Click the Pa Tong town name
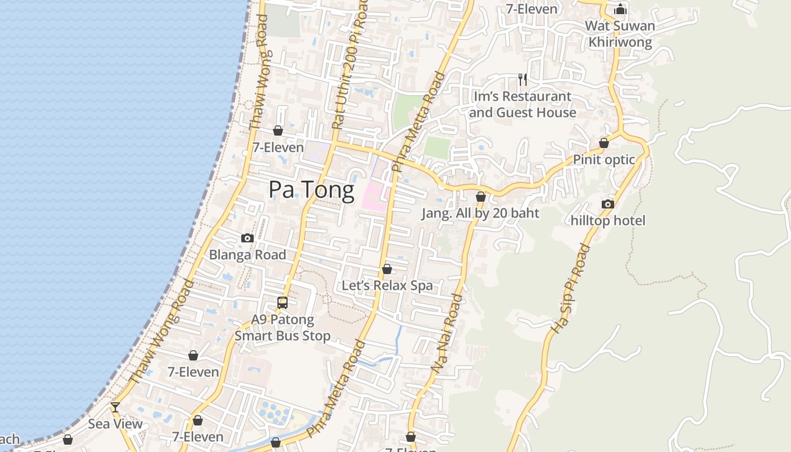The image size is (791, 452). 311,190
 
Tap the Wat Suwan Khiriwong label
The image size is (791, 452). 620,34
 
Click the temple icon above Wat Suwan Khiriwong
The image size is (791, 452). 620,9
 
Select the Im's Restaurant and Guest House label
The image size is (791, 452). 523,105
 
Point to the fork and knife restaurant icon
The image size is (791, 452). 523,80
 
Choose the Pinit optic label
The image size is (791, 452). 604,160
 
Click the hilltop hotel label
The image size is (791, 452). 608,220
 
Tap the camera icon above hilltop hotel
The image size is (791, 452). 608,204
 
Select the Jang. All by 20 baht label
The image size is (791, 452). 481,213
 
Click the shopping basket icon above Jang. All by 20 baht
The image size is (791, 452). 481,197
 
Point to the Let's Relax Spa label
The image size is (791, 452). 387,285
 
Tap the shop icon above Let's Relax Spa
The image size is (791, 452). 387,269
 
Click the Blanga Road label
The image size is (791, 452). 247,255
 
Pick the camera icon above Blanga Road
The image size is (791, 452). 247,238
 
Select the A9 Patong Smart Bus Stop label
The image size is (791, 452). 282,328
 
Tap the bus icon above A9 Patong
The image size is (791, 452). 282,303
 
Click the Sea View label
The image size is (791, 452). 115,424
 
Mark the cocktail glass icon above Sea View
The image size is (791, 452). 115,407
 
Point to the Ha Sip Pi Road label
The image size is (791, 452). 570,288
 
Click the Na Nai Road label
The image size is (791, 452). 446,333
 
